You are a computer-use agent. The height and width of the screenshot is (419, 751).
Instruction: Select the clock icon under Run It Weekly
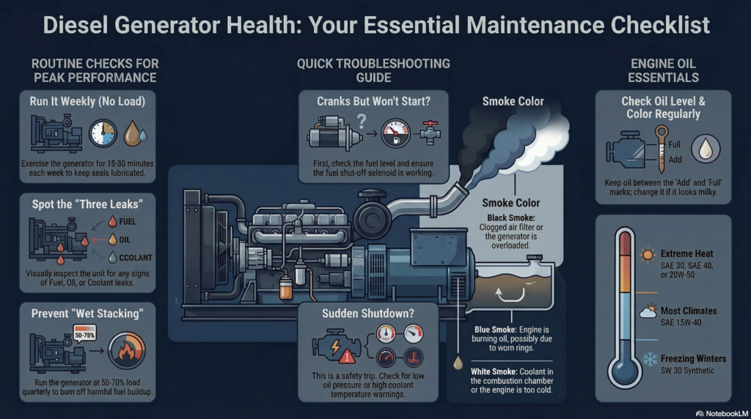103,133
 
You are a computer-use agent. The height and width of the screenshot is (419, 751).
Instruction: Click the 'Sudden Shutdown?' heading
368,314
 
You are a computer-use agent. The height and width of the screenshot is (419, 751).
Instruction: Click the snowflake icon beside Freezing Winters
649,360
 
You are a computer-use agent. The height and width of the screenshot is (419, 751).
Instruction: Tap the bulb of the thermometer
624,372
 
